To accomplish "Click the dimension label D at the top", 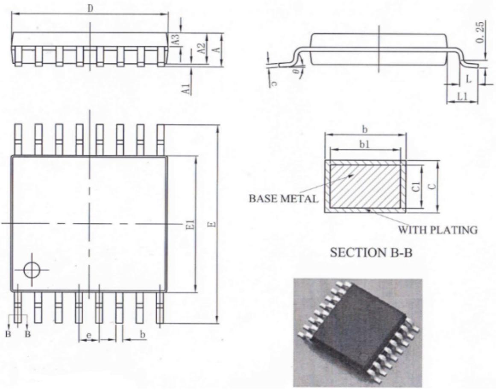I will [91, 8].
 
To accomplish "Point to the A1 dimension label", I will [185, 89].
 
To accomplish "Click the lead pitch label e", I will [89, 336].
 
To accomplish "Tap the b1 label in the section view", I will [364, 144].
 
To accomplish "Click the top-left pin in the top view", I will [18, 139].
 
